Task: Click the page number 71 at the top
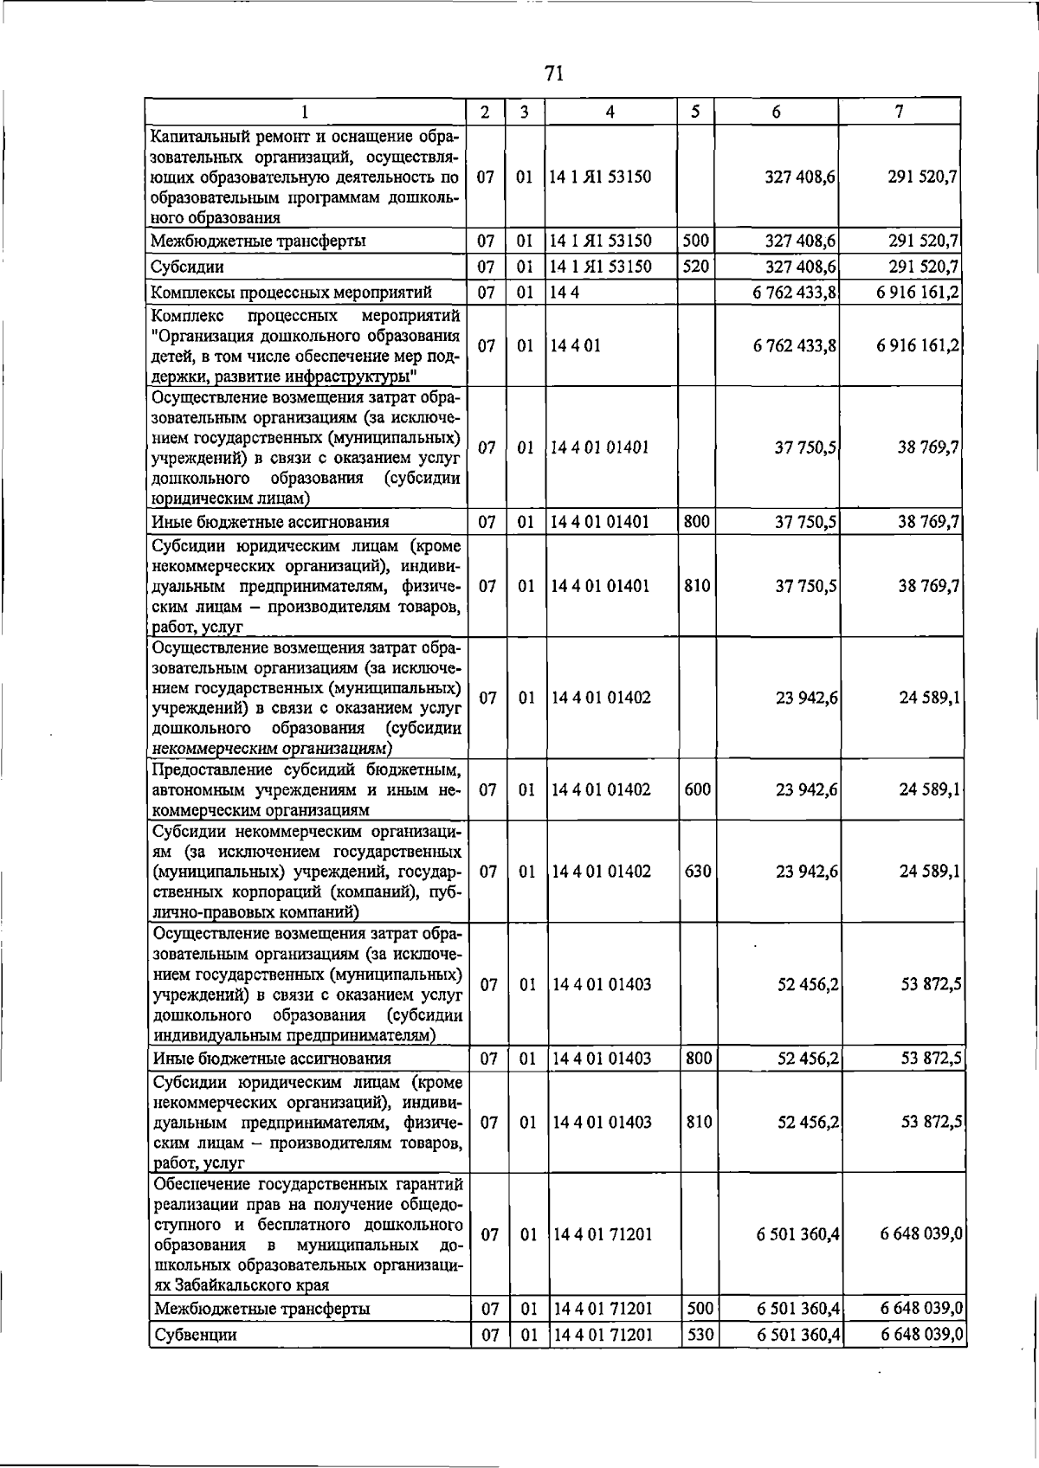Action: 555,74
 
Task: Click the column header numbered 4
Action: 610,112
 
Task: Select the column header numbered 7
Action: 900,112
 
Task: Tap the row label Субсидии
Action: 188,267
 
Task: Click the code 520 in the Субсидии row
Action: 696,267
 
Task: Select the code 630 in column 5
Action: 698,871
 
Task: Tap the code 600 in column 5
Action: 698,789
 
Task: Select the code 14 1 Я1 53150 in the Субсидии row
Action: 601,267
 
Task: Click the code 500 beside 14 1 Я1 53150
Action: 696,241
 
